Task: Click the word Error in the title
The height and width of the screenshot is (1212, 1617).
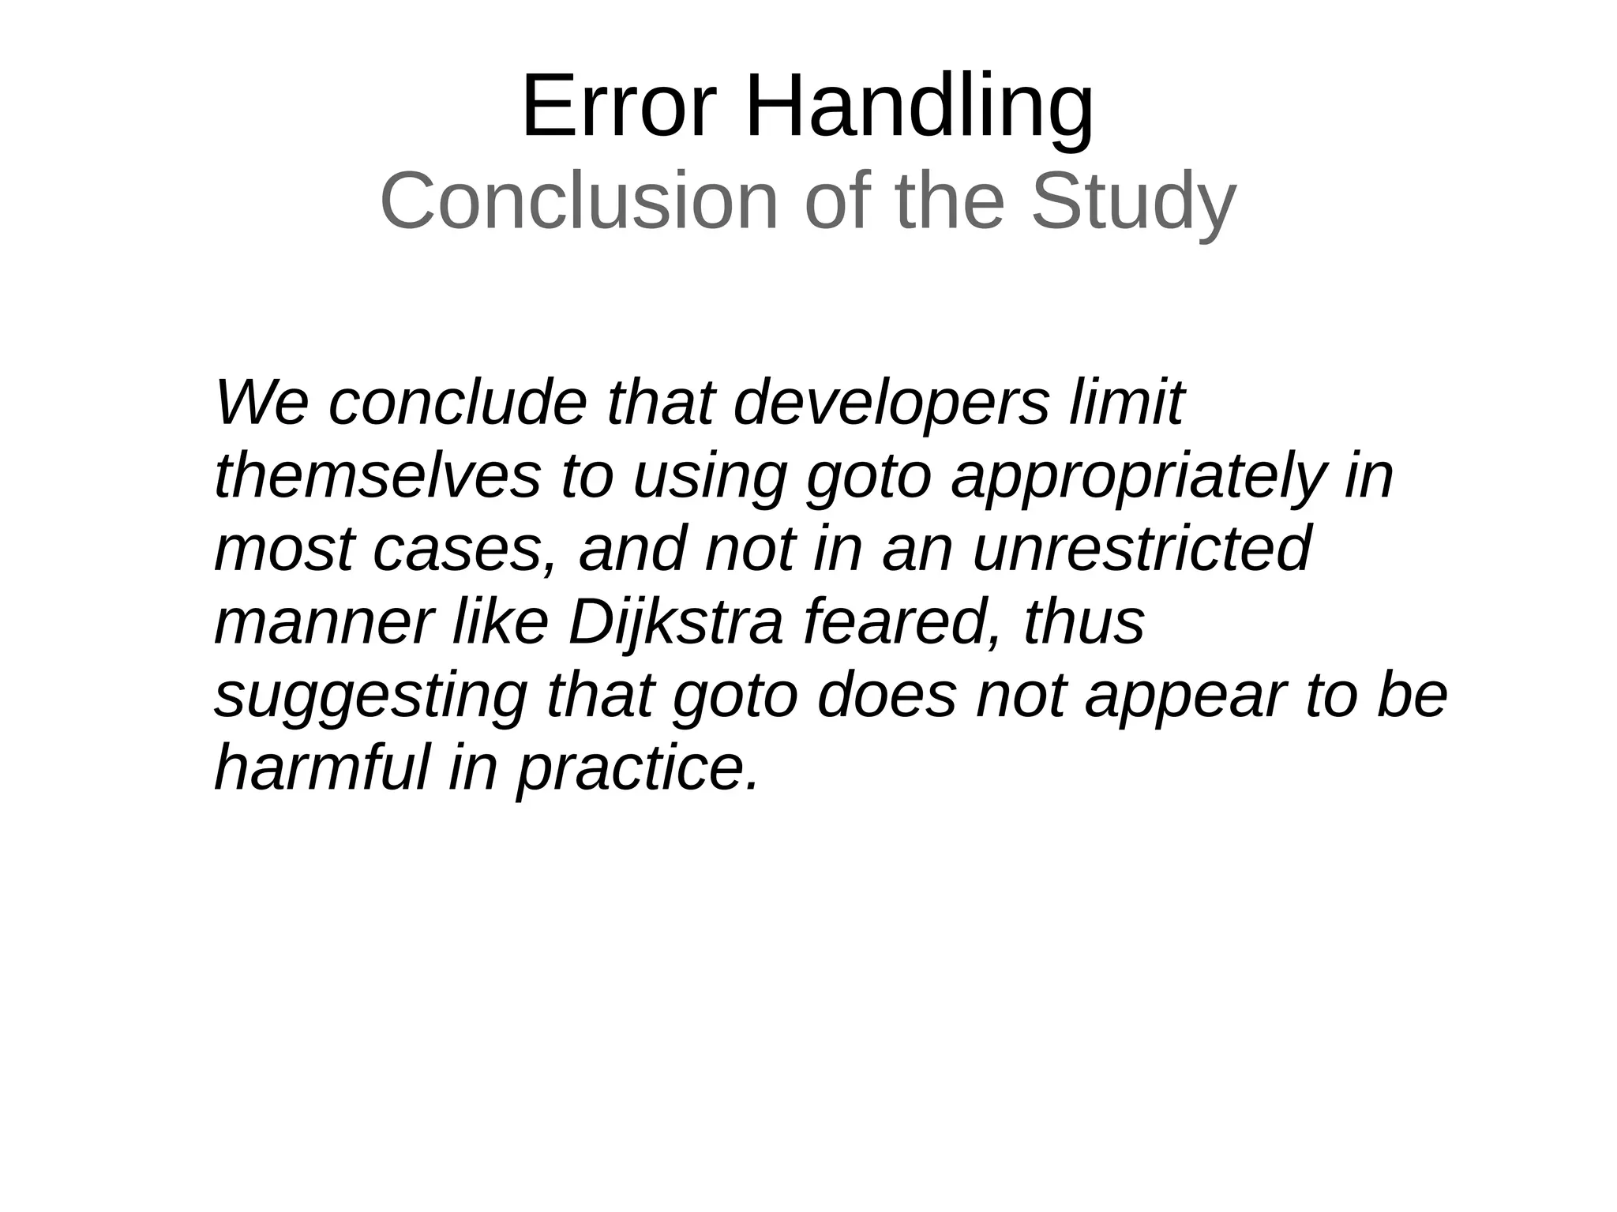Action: click(618, 107)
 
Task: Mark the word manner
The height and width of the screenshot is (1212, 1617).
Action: click(324, 622)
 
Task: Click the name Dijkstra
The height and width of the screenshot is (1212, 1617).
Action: click(676, 622)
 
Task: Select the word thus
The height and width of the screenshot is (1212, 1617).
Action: click(1083, 622)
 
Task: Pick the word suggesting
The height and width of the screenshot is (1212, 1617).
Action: click(370, 696)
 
